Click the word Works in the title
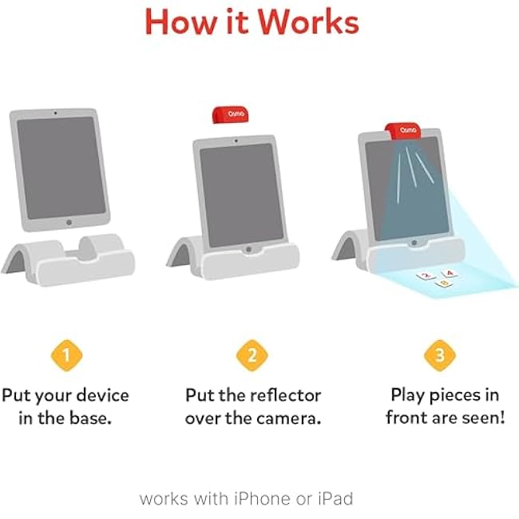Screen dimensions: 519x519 [308, 22]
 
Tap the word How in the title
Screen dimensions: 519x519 [180, 22]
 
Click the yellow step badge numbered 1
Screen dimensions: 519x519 [66, 355]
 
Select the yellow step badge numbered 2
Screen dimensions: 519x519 [252, 355]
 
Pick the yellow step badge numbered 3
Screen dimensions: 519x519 [440, 355]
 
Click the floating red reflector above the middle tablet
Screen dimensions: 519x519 [229, 114]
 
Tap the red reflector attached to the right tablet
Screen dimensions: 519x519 [402, 130]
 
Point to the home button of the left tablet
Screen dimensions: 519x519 [69, 223]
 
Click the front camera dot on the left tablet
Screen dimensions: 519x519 [55, 113]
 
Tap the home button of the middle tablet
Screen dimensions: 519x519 [248, 249]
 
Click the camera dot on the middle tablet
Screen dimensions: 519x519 [236, 141]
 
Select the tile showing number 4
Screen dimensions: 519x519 [450, 273]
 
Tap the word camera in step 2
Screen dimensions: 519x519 [289, 418]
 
